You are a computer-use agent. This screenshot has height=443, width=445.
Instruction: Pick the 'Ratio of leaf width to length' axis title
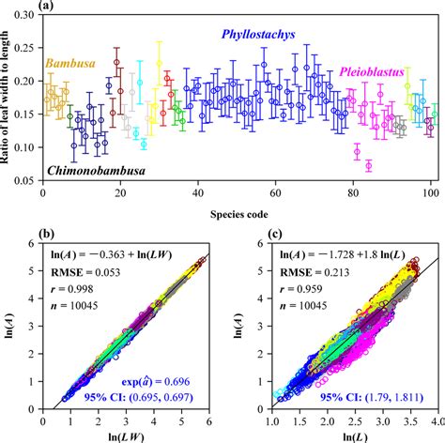[x=9, y=98]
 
